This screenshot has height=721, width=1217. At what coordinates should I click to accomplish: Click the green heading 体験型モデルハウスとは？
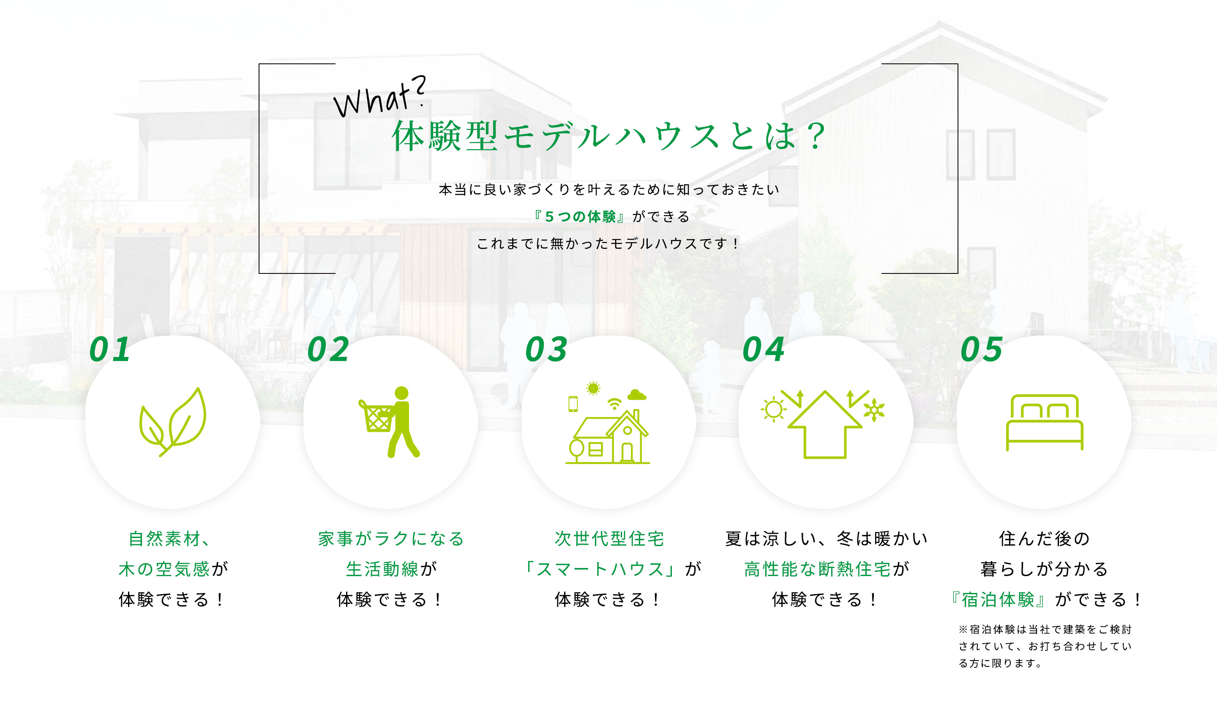tap(609, 136)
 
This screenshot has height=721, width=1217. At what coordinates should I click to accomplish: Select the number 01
tap(110, 350)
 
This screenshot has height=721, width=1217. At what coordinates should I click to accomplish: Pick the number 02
tap(328, 350)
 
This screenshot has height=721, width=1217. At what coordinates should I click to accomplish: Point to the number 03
tap(546, 350)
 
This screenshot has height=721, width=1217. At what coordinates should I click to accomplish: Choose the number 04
tap(764, 350)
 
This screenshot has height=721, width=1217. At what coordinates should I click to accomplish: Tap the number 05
tap(982, 350)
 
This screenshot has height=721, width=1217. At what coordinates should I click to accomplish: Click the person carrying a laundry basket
tap(390, 422)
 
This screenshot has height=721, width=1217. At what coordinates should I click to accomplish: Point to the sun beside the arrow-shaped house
tap(774, 410)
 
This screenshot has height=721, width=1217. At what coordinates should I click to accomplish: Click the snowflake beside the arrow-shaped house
tap(874, 410)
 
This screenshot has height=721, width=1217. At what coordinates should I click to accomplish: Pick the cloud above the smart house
tap(637, 394)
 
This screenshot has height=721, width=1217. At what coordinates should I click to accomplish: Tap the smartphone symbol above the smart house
tap(573, 404)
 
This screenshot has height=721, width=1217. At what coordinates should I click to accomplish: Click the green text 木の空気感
tap(164, 569)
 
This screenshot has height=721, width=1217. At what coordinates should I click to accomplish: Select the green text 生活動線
tap(382, 569)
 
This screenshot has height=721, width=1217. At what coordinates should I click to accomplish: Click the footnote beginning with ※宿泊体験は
tap(1045, 646)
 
